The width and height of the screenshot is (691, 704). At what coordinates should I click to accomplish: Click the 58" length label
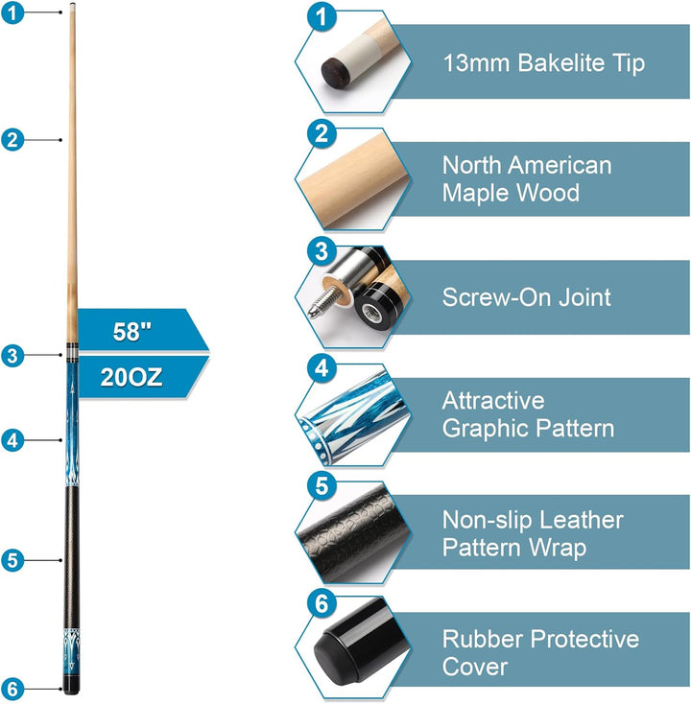click(132, 332)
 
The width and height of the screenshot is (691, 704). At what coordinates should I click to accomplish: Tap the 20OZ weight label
click(131, 377)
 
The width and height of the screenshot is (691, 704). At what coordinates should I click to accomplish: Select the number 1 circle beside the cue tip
click(12, 12)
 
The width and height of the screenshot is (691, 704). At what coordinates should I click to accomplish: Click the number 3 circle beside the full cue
click(12, 356)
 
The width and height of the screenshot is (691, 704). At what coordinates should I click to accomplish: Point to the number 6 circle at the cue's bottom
click(12, 689)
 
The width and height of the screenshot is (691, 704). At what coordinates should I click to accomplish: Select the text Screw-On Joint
click(526, 297)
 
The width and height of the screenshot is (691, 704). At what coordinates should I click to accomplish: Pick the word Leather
click(581, 520)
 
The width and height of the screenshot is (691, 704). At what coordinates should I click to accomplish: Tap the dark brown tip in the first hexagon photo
click(334, 71)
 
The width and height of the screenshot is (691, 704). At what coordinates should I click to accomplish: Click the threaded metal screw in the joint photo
click(323, 302)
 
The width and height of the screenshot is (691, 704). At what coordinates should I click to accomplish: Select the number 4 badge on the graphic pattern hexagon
click(322, 369)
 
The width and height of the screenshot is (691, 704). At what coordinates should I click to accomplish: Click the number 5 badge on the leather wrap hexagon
click(322, 485)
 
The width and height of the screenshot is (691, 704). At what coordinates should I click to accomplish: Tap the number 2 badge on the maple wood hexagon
click(322, 133)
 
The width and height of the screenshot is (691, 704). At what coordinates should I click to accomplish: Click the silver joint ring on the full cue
click(72, 353)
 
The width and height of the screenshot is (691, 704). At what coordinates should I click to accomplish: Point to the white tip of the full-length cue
click(72, 5)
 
